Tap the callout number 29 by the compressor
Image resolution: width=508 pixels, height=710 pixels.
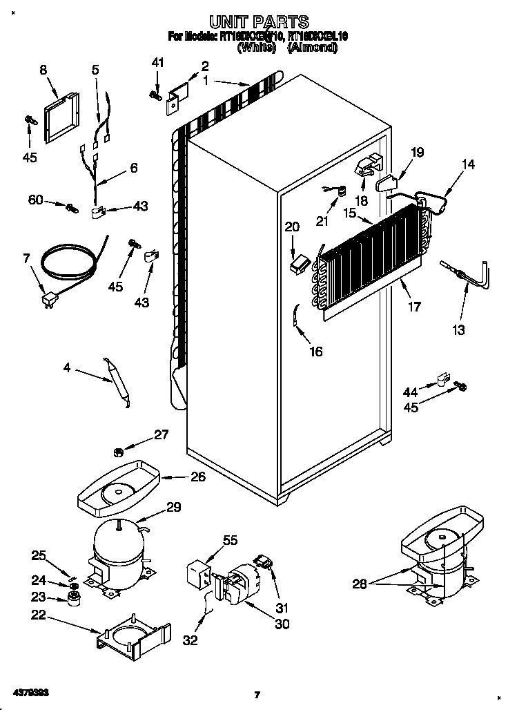tap(174, 507)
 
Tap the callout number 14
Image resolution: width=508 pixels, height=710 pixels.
tap(468, 164)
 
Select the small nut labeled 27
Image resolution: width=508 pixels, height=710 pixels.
tap(118, 452)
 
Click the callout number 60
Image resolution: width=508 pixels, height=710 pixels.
tap(35, 200)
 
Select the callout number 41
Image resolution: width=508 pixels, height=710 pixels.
tap(158, 64)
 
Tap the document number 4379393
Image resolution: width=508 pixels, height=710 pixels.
tap(28, 691)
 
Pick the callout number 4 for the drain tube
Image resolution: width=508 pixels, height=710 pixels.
tap(66, 369)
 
